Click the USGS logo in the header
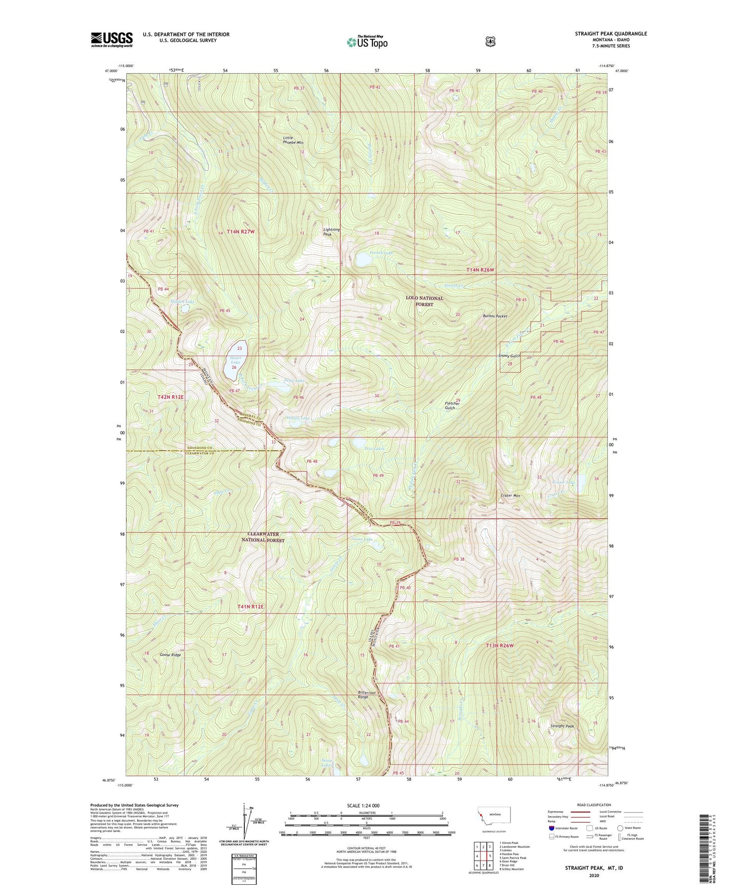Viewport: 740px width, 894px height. tap(112, 39)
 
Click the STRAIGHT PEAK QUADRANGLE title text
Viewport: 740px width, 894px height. tap(610, 34)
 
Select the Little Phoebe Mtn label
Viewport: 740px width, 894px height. tap(293, 140)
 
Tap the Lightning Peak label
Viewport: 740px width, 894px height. tap(331, 231)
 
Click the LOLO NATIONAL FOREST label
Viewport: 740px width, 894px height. tap(425, 301)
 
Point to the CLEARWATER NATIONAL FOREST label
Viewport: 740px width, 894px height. tap(263, 537)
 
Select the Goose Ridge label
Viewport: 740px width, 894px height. tap(170, 654)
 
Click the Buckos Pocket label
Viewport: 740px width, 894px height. tap(495, 316)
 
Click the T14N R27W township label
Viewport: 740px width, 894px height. tap(237, 231)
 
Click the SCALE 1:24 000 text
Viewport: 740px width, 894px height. tap(363, 805)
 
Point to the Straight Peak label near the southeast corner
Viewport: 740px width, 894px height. tap(562, 726)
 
